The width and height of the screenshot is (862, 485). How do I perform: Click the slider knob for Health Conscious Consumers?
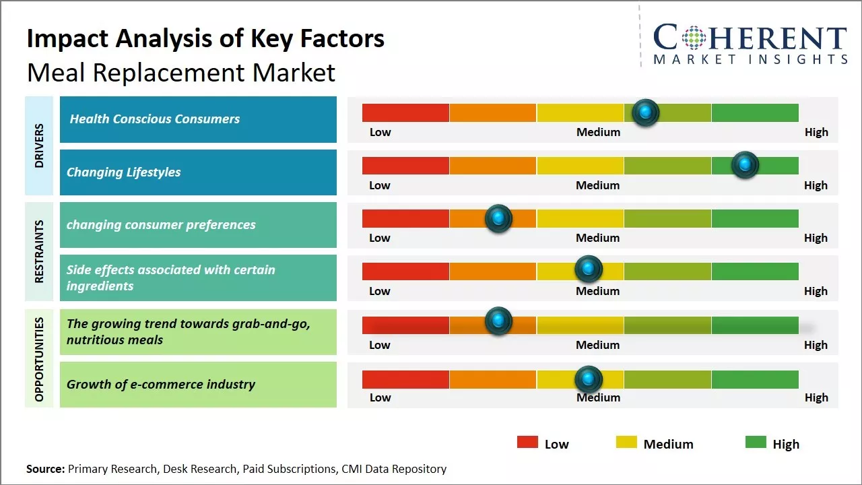[646, 112]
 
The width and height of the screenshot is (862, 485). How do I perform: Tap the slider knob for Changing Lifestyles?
[745, 165]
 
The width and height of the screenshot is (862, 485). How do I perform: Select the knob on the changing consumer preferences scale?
[498, 218]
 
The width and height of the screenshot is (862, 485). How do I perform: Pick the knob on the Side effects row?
[588, 269]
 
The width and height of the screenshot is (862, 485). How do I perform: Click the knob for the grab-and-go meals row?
[498, 321]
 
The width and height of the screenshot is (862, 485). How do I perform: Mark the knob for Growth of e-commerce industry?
[588, 379]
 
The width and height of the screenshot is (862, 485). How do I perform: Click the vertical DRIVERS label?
[40, 145]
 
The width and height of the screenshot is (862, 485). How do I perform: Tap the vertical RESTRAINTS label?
[40, 251]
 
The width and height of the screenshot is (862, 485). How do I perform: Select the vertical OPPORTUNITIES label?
[40, 359]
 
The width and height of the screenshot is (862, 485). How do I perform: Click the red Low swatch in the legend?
[527, 443]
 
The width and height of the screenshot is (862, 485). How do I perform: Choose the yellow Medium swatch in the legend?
[626, 443]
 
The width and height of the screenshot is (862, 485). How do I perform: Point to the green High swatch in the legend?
[756, 443]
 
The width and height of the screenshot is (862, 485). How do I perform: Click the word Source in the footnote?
[45, 469]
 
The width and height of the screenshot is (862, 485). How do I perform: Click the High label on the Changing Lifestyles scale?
[816, 185]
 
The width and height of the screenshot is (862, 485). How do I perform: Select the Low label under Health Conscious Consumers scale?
[380, 132]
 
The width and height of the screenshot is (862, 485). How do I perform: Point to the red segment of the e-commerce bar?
[405, 379]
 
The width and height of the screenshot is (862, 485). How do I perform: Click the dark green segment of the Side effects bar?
[754, 271]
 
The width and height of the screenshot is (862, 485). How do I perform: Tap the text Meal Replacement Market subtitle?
[180, 72]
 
